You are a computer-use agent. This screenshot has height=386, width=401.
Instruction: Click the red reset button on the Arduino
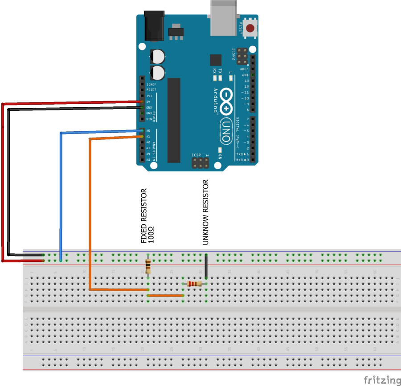(x=250, y=28)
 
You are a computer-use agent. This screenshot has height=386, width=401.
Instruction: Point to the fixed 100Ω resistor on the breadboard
(x=148, y=266)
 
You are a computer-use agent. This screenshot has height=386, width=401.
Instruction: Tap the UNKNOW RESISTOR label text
(x=205, y=212)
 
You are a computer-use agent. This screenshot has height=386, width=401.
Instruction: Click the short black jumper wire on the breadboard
(x=206, y=266)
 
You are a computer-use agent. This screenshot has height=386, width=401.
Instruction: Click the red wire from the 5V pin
(x=4, y=178)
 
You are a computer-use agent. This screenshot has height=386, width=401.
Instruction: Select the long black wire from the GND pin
(x=8, y=178)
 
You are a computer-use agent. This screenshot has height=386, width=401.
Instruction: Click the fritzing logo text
(x=382, y=380)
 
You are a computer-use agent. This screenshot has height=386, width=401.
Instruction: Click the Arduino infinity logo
(x=226, y=102)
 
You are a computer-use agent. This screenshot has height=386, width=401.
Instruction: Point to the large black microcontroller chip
(x=174, y=120)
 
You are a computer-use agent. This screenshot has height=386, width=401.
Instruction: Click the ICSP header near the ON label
(x=200, y=163)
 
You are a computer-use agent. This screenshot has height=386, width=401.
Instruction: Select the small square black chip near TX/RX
(x=216, y=60)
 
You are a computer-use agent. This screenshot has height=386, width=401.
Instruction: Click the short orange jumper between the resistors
(x=165, y=295)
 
